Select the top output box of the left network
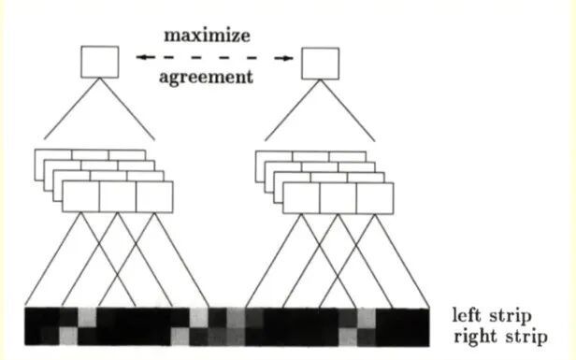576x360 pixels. (x=100, y=61)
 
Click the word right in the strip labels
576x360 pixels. (x=473, y=337)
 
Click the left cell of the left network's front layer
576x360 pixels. (x=80, y=196)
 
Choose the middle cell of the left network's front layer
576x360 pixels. (x=118, y=196)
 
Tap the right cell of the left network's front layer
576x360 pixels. (x=154, y=196)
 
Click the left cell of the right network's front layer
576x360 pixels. (x=301, y=197)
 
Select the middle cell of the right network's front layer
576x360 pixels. (x=338, y=197)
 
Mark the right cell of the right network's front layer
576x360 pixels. (x=374, y=197)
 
